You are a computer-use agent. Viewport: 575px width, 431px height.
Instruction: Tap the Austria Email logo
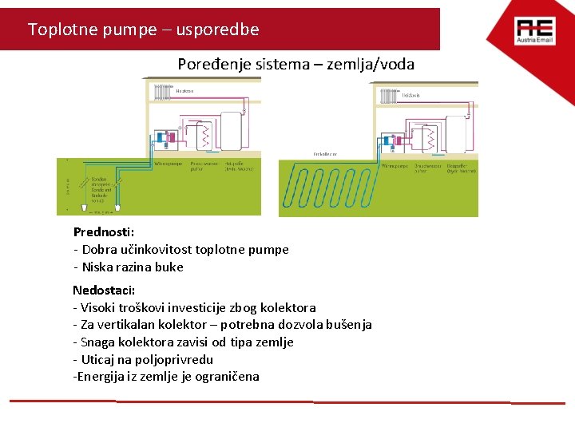pos(533,31)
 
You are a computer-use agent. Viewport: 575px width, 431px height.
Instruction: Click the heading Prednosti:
pos(104,232)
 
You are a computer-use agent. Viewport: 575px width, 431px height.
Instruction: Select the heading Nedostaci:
pos(104,290)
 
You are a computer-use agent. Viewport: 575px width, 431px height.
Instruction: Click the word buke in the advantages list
pos(169,267)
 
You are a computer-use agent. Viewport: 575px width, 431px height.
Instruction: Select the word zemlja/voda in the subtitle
pos(377,64)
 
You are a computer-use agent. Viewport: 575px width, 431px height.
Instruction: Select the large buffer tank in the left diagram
pos(231,132)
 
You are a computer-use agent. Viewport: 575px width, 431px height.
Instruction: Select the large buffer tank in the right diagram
pos(456,136)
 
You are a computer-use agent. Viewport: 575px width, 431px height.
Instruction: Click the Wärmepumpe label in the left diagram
pos(169,164)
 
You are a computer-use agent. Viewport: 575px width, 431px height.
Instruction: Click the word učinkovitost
pos(129,250)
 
